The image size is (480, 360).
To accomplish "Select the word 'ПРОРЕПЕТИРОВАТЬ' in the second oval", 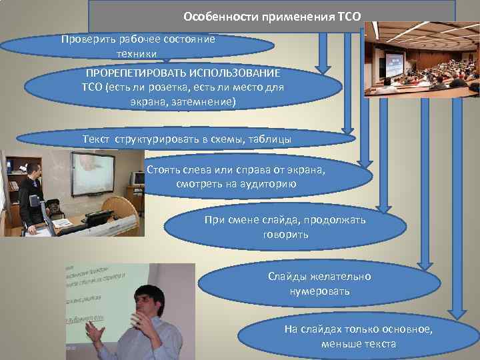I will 129,72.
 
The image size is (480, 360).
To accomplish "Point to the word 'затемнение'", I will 201,103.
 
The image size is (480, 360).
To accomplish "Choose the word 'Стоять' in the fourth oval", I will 162,169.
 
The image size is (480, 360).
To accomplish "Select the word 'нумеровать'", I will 319,291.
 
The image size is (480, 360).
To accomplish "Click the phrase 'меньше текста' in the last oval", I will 358,344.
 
